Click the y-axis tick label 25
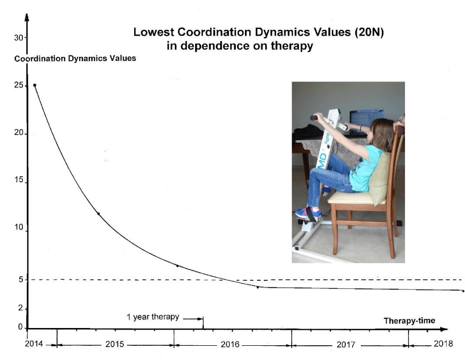(18, 85)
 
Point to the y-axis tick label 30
(18, 38)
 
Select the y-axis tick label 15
(19, 180)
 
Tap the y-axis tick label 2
(20, 308)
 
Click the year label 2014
(34, 344)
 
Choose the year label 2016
(230, 344)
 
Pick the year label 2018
(443, 344)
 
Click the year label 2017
(346, 345)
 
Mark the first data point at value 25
(35, 85)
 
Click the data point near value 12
(99, 214)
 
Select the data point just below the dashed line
(258, 287)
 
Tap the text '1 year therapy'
(153, 317)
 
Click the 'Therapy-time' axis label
(409, 320)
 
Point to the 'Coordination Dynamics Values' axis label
(75, 58)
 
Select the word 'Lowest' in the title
(153, 32)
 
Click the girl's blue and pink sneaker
(308, 212)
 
